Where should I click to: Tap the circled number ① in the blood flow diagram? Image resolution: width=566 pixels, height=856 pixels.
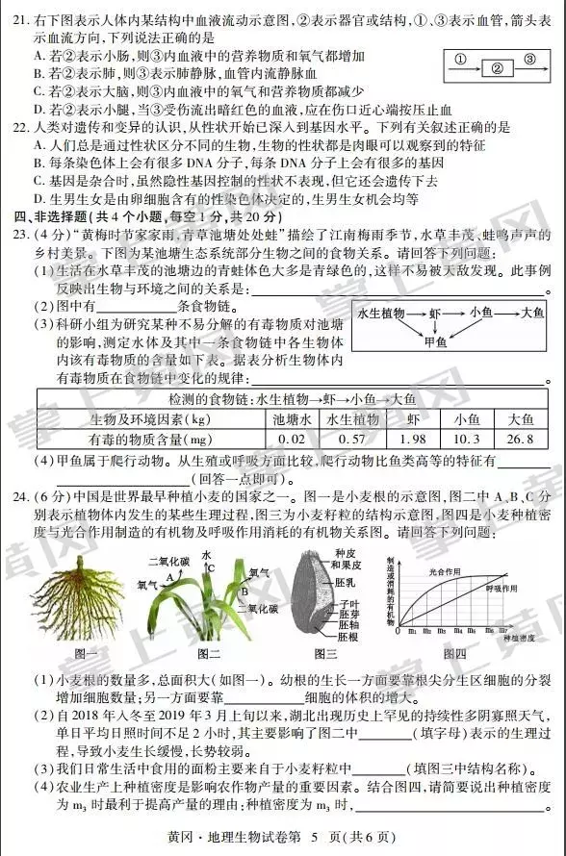[x=460, y=58]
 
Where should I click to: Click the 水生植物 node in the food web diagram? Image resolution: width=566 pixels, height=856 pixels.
[x=380, y=314]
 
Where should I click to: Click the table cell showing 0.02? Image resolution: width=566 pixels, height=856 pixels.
[x=291, y=439]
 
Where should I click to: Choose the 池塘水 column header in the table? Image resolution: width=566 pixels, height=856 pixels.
[x=291, y=419]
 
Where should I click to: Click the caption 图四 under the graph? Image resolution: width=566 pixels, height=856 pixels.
[x=466, y=654]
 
